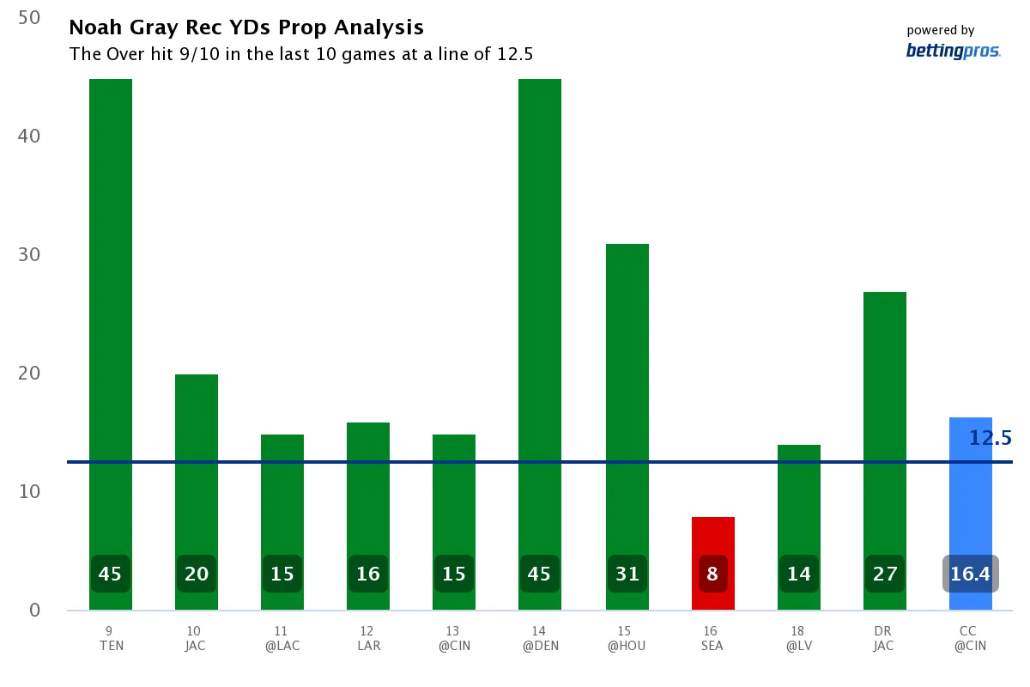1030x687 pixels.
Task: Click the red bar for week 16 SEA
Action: point(712,541)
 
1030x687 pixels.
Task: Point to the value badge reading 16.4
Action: point(971,574)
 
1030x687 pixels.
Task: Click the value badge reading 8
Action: point(712,574)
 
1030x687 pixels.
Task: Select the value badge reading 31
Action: point(627,574)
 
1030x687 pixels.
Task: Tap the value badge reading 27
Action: point(885,574)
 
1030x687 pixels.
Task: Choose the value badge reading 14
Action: point(798,574)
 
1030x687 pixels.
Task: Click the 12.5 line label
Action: point(991,438)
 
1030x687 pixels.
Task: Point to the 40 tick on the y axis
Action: point(29,136)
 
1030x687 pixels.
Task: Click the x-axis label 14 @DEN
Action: point(540,639)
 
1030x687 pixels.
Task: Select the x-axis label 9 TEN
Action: point(111,639)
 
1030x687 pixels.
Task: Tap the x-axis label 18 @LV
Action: point(798,639)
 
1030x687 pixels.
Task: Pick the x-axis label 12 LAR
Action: point(368,639)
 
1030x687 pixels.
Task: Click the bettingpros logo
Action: point(953,52)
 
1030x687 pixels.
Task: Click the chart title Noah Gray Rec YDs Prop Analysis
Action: point(246,27)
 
